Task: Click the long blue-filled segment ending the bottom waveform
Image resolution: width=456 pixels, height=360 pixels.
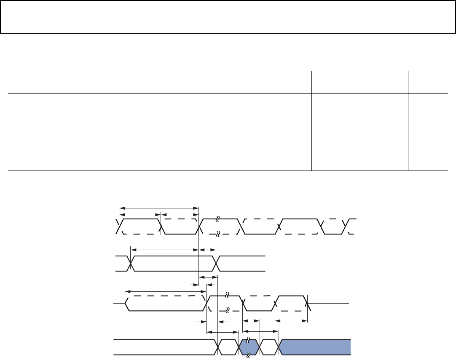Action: tap(315, 347)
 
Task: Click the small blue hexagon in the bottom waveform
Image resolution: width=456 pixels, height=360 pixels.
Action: tap(249, 347)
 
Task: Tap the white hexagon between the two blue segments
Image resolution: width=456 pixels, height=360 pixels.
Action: tap(269, 347)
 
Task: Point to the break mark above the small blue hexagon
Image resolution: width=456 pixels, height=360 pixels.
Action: tap(248, 339)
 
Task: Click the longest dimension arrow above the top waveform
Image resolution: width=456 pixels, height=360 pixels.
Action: tap(159, 207)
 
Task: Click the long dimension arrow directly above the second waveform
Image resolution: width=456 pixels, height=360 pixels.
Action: tap(164, 250)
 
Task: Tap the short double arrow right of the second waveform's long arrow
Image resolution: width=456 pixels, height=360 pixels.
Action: tap(207, 250)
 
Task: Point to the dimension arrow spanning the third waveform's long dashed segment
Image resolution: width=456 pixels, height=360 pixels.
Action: tap(165, 291)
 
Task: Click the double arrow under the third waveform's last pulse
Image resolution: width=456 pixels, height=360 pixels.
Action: tap(291, 321)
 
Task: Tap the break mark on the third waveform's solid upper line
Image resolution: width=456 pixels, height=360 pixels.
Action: tap(227, 294)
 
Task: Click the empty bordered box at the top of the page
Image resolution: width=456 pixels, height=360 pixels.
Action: tap(228, 17)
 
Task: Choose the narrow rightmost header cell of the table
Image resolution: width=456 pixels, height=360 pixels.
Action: tap(428, 82)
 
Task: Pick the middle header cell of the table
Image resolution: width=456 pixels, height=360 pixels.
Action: tap(359, 82)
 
